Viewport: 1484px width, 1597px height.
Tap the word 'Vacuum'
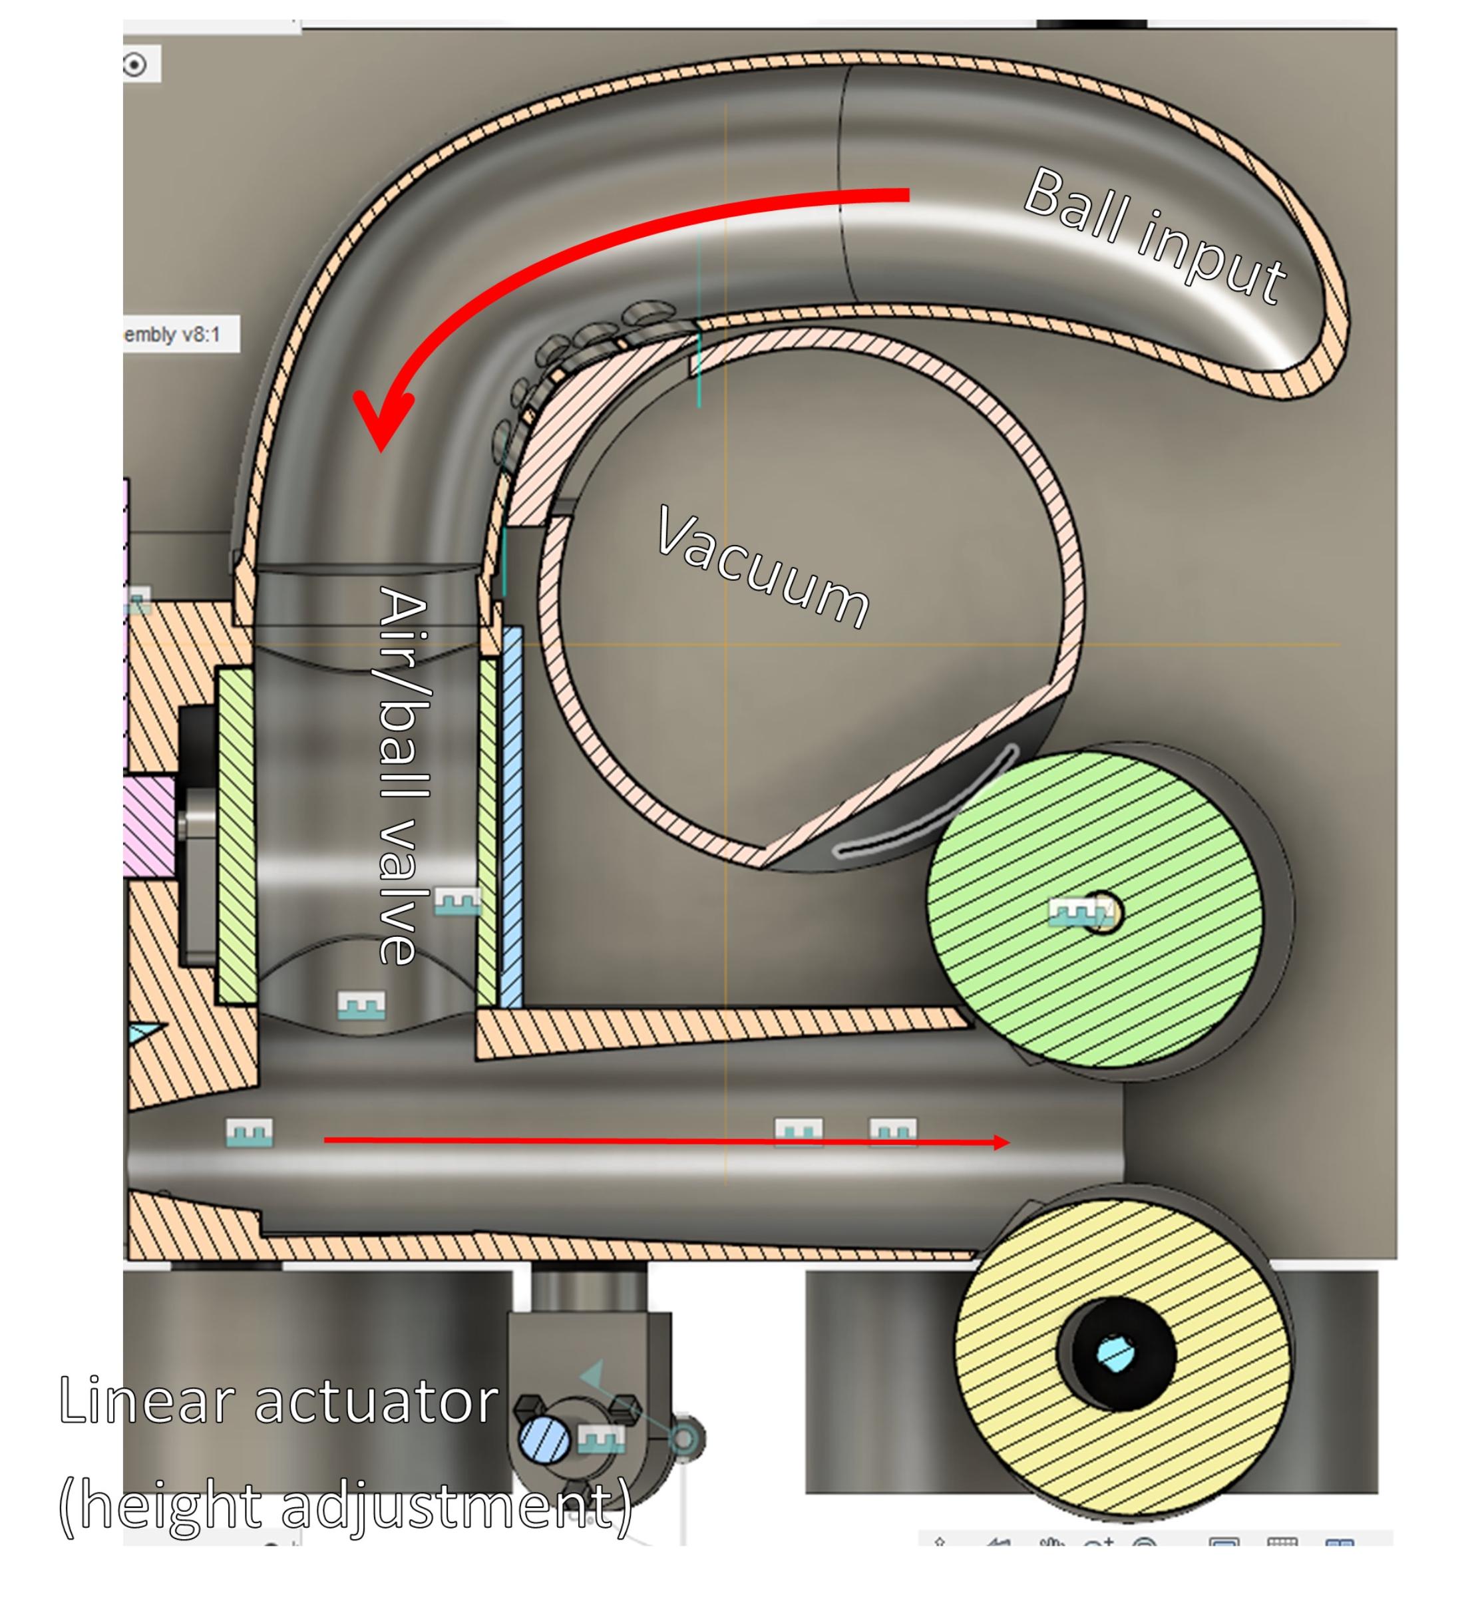tap(763, 567)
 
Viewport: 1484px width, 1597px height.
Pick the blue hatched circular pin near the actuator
tap(544, 1437)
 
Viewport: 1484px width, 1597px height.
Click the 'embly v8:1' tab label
tap(172, 334)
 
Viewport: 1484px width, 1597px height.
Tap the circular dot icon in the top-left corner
tap(135, 65)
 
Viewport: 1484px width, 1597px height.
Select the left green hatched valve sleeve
tap(238, 835)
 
